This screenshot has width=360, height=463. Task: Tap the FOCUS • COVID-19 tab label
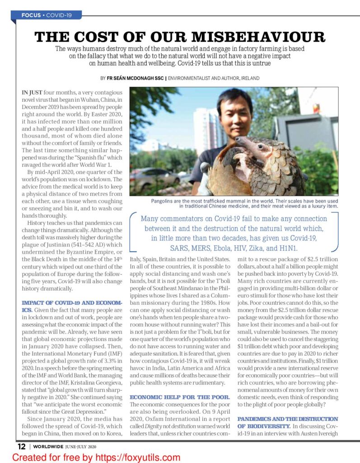(47, 15)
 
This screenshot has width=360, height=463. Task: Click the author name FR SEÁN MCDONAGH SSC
(136, 78)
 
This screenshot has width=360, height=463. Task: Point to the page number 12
(21, 446)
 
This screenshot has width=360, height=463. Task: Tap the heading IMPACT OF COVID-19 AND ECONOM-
(66, 302)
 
